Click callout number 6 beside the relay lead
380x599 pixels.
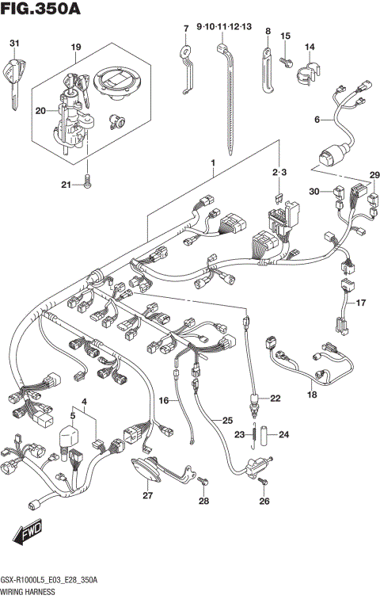click(x=316, y=120)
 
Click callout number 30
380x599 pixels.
click(x=313, y=191)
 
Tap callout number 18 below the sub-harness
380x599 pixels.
click(x=311, y=394)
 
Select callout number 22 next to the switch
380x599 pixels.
click(x=275, y=399)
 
